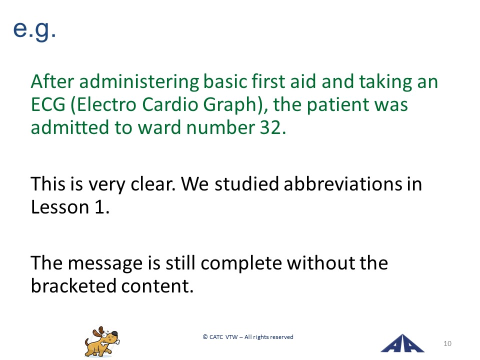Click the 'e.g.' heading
pos(34,30)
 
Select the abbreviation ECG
pos(48,104)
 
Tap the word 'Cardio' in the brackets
pos(170,104)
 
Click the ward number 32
pos(270,127)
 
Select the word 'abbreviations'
pos(343,184)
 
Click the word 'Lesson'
pos(60,207)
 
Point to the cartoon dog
pos(102,341)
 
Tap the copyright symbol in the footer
pos(205,337)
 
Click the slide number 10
pos(447,344)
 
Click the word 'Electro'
pos(106,104)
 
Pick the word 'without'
pos(320,263)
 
